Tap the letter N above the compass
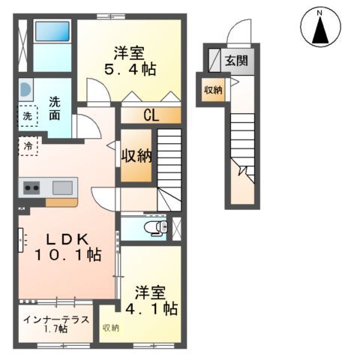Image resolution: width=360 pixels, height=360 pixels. pos(320,12)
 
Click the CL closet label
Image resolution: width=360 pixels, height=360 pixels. pos(150,116)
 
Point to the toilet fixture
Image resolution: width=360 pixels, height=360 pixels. pos(153,226)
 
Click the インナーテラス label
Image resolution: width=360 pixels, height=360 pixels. pos(56,319)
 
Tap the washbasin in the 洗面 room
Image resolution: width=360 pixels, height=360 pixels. pos(25,89)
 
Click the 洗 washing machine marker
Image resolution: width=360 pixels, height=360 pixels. pos(27,117)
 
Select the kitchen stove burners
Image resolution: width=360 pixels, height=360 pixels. pos(31,187)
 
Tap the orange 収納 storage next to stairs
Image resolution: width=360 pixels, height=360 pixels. pos(137,156)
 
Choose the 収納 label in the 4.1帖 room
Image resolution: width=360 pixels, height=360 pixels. pos(111,328)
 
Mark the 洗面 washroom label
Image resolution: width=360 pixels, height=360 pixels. pos(56,109)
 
